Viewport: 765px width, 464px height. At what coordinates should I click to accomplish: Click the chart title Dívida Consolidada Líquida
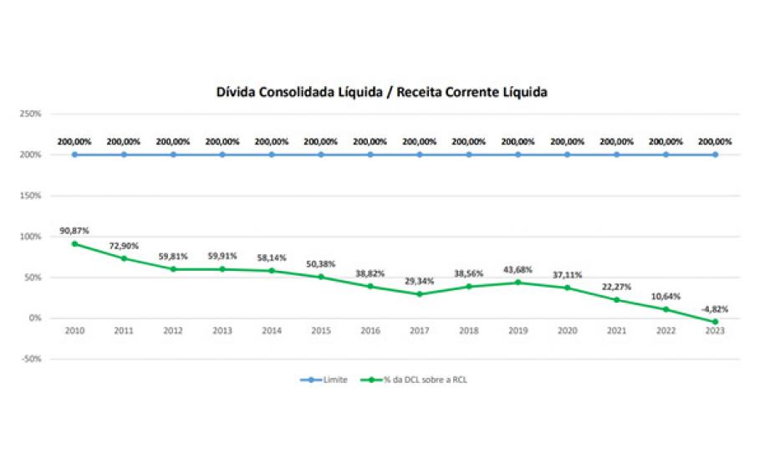pos(382,92)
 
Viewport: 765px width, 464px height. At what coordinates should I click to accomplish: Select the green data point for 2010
pos(74,244)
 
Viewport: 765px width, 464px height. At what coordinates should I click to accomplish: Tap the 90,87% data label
pos(74,230)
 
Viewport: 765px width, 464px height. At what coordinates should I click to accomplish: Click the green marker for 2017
pos(420,294)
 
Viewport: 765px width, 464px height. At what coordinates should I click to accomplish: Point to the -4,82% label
pos(715,308)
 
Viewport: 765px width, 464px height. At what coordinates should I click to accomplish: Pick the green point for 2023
pos(716,322)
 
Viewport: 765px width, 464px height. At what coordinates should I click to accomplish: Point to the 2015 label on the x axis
pos(321,331)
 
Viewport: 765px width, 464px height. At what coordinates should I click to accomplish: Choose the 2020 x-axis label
pos(568,331)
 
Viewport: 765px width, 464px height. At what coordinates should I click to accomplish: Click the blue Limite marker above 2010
pos(74,155)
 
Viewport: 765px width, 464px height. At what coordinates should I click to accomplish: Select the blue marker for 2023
pos(716,155)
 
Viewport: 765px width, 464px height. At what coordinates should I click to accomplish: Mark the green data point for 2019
pos(518,283)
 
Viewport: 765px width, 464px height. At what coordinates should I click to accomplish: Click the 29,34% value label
pos(420,281)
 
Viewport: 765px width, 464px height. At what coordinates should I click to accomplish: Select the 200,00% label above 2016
pos(370,141)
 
